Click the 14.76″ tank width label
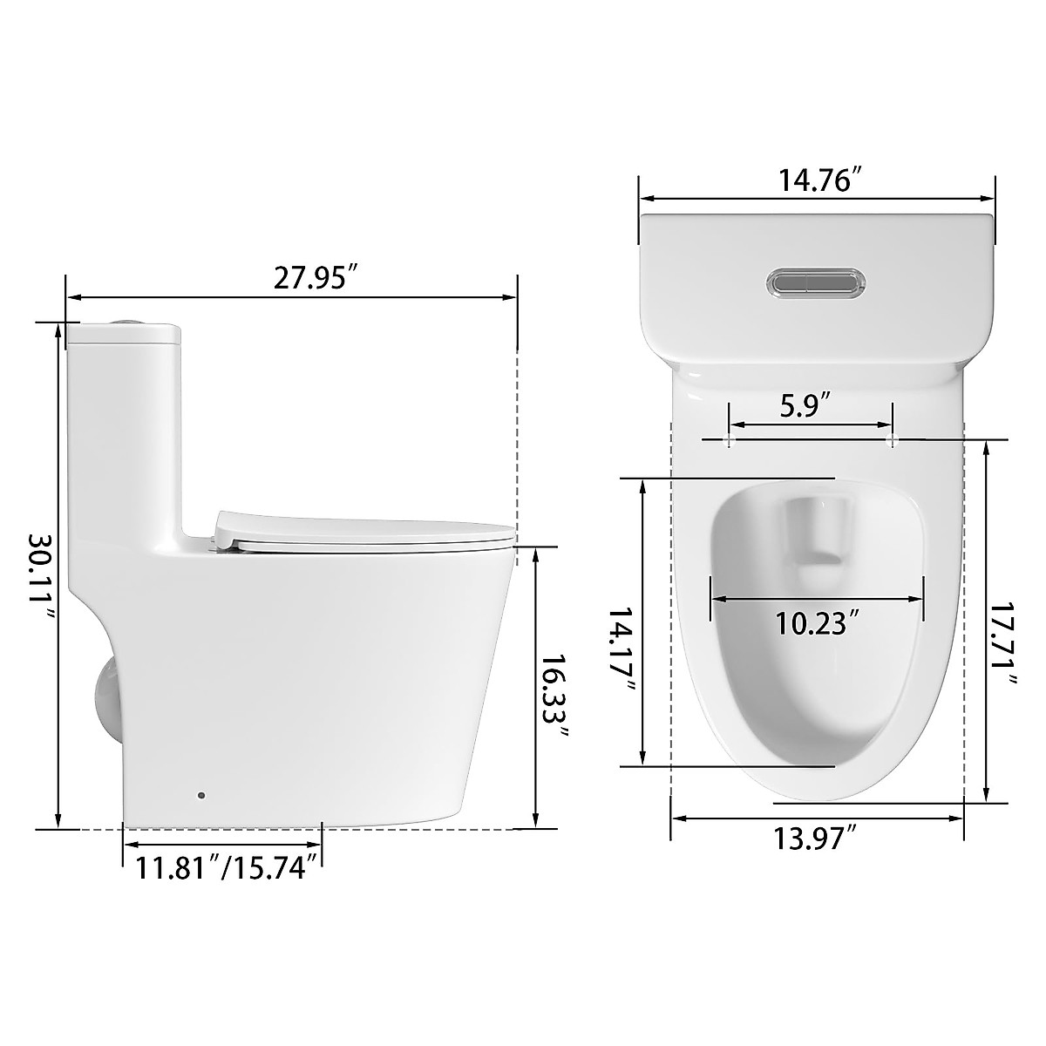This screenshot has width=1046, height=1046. [820, 183]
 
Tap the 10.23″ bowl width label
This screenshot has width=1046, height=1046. [818, 623]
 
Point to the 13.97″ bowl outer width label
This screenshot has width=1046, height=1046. [816, 839]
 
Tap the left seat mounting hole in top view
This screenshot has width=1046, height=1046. [729, 440]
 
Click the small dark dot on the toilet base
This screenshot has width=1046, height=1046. [202, 795]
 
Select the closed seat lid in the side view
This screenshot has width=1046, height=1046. [362, 529]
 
